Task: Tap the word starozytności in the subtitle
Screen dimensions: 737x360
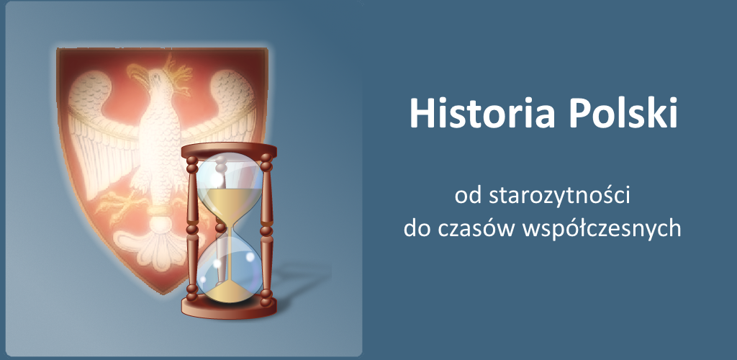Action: pyautogui.click(x=559, y=197)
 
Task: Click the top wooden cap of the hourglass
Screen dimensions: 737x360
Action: pyautogui.click(x=229, y=150)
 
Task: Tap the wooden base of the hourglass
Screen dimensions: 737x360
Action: pyautogui.click(x=229, y=307)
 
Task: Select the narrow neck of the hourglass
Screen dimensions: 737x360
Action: pyautogui.click(x=229, y=229)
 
